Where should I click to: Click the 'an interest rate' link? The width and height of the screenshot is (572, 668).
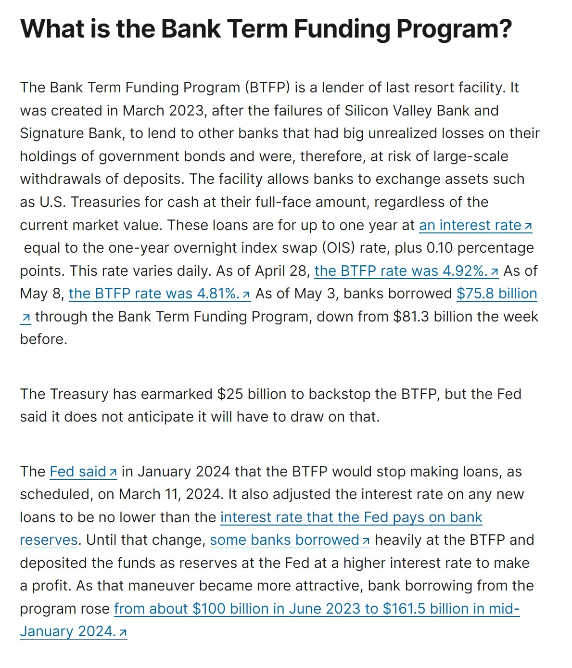[x=470, y=225]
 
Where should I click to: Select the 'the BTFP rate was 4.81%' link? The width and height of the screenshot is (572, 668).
[x=154, y=294]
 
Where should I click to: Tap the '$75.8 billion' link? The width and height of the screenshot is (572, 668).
[x=496, y=294]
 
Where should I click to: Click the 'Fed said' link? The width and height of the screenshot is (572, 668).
[x=77, y=472]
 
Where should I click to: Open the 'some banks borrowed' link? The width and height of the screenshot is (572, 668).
[x=284, y=540]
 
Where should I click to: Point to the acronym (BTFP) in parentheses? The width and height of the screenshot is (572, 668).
[x=267, y=88]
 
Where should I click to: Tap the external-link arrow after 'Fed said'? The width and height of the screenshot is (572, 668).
[x=113, y=473]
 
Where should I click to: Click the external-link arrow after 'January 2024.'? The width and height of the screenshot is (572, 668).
[x=123, y=632]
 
